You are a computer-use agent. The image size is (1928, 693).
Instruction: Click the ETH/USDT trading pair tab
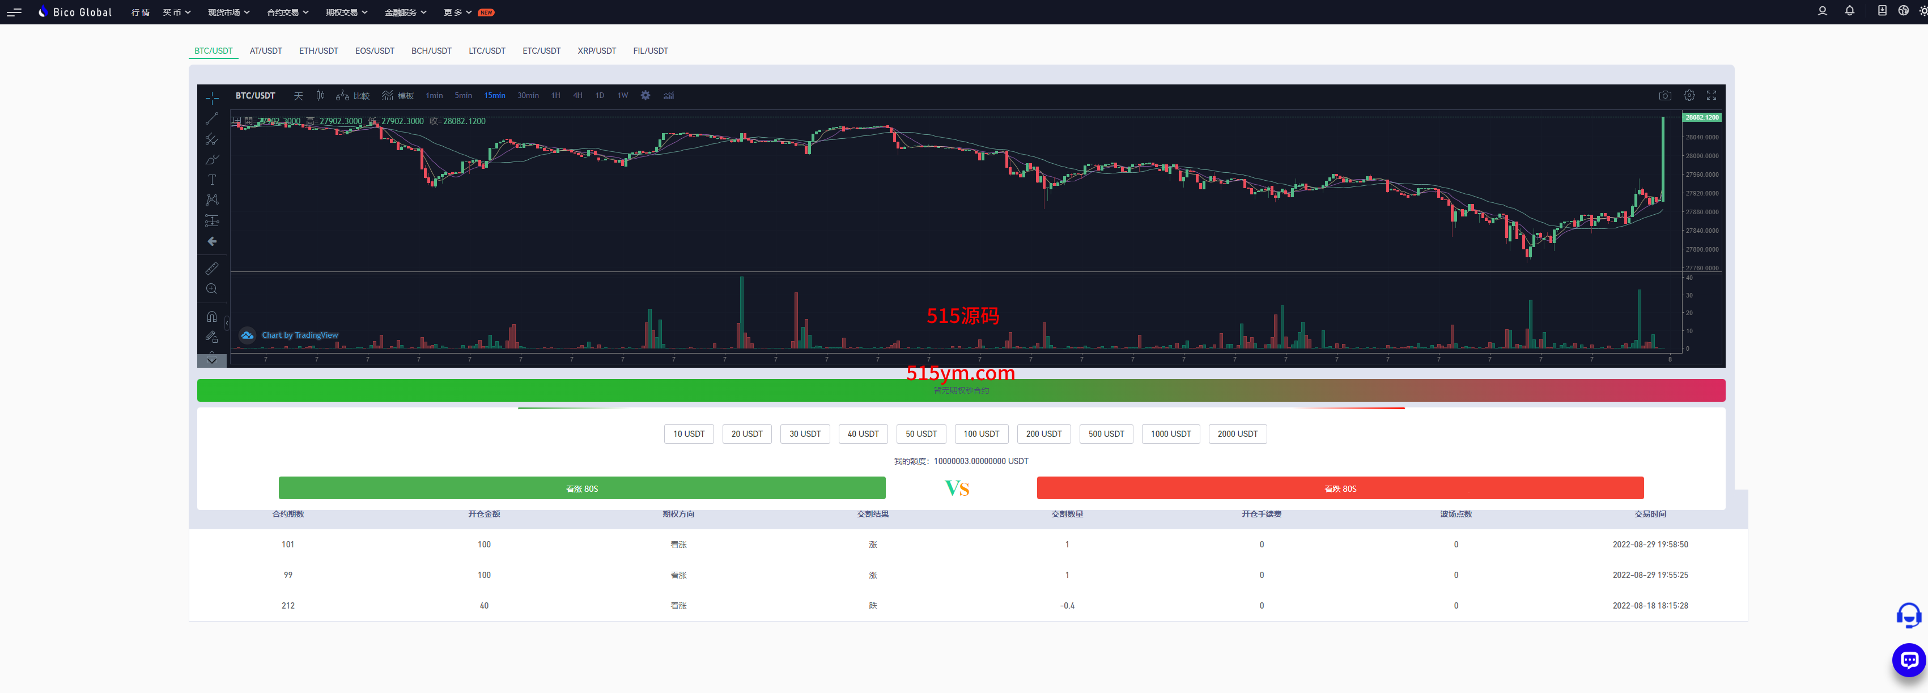[318, 51]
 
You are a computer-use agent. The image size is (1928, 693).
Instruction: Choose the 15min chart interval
[494, 96]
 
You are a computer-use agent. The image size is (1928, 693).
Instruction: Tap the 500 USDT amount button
[1106, 434]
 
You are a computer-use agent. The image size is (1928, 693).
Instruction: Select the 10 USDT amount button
[689, 434]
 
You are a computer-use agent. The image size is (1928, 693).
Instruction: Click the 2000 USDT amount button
[1237, 434]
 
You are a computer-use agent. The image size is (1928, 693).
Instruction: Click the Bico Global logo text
[82, 12]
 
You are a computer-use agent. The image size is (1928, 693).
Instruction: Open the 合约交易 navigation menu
[287, 12]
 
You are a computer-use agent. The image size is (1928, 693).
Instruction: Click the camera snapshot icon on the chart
[1664, 96]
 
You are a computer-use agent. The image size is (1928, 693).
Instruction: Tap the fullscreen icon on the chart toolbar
[1711, 96]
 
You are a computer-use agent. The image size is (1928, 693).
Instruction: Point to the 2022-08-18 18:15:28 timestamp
[1650, 605]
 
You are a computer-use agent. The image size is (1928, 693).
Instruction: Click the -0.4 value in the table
[1067, 605]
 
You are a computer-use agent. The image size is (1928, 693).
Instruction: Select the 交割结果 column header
[873, 514]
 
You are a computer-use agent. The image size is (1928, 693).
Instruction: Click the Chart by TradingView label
[299, 335]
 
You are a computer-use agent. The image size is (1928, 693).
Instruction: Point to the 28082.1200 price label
[1701, 117]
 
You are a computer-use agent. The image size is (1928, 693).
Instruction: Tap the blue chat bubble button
[1909, 660]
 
